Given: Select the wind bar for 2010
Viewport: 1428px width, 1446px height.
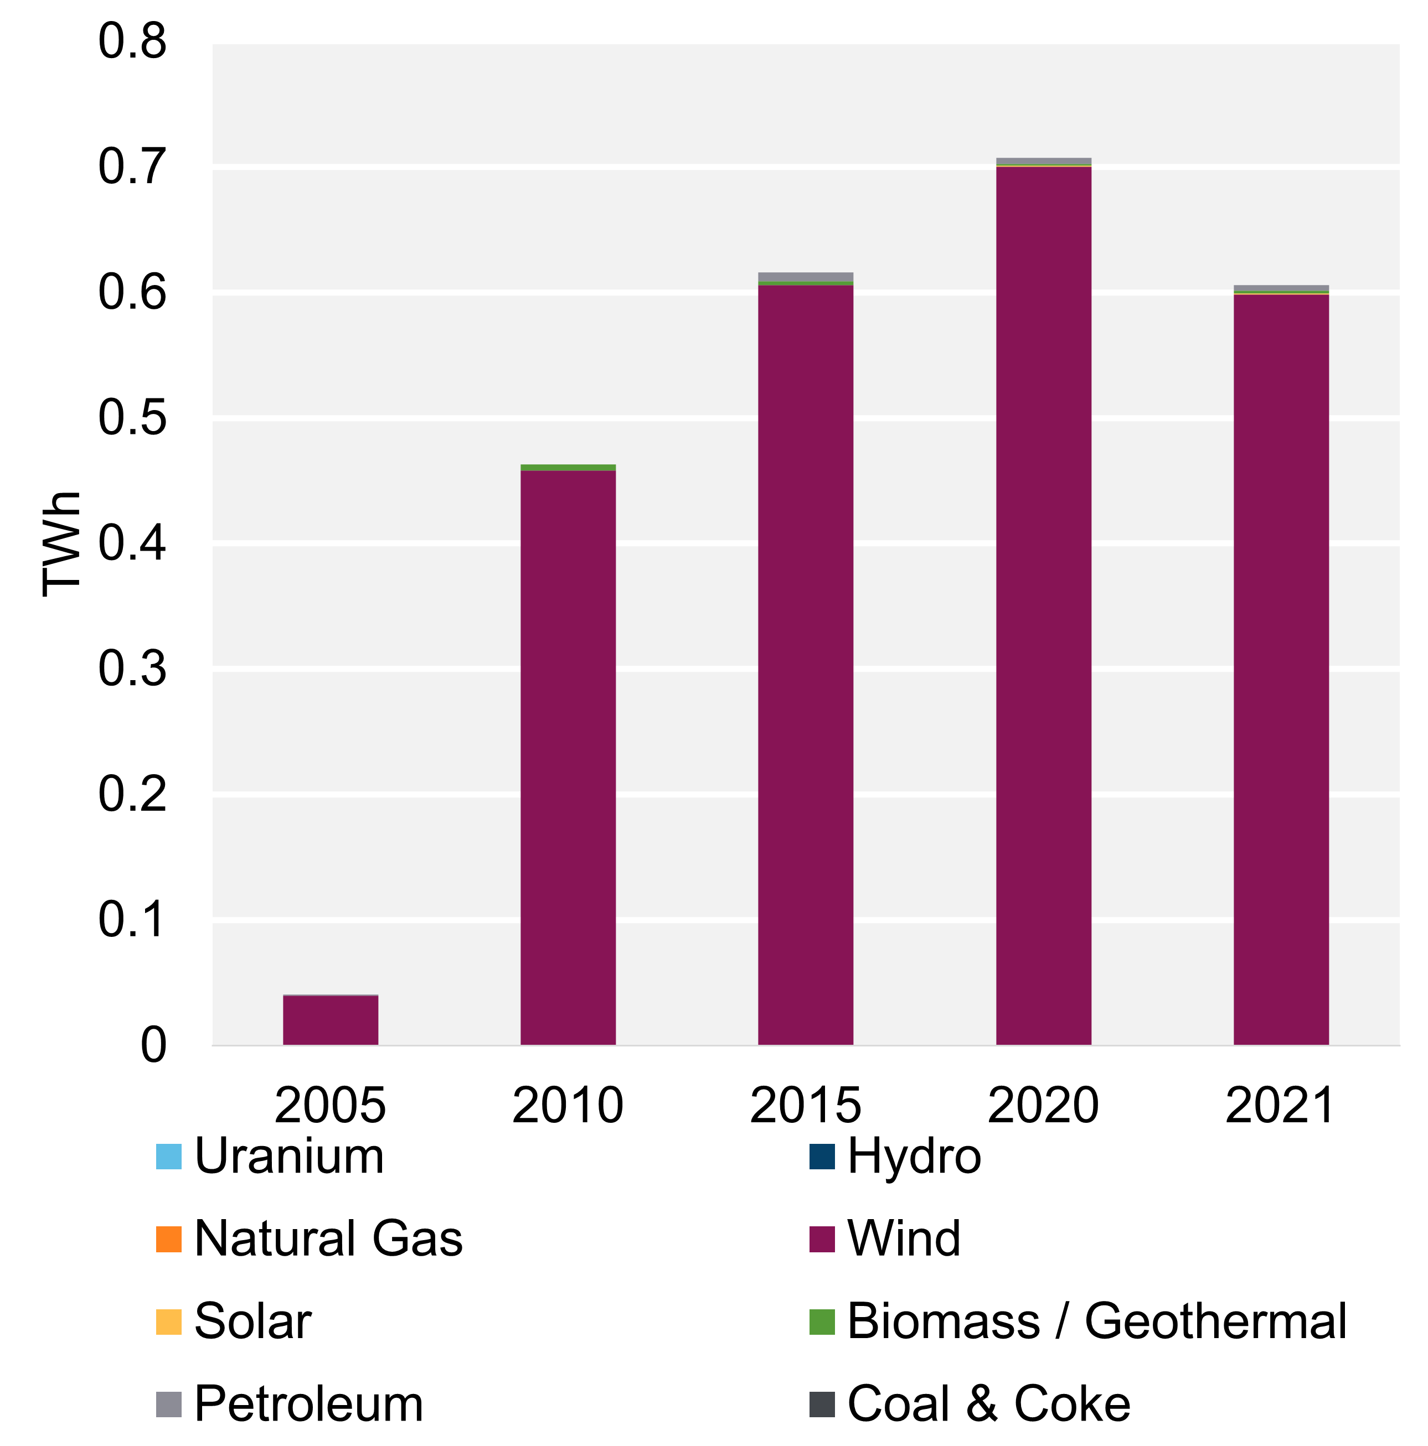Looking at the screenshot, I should [568, 756].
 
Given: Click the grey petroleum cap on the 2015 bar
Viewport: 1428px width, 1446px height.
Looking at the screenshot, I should [805, 276].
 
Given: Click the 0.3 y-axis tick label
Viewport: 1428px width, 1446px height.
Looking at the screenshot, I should [132, 668].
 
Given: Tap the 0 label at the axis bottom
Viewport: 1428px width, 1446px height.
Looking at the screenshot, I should [153, 1045].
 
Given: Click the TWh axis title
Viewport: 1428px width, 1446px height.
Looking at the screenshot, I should [61, 543].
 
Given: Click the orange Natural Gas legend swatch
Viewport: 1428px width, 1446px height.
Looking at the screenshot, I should [168, 1238].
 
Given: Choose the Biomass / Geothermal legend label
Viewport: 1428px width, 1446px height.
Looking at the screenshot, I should [1096, 1321].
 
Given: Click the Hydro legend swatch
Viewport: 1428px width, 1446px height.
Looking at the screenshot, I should [822, 1157].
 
